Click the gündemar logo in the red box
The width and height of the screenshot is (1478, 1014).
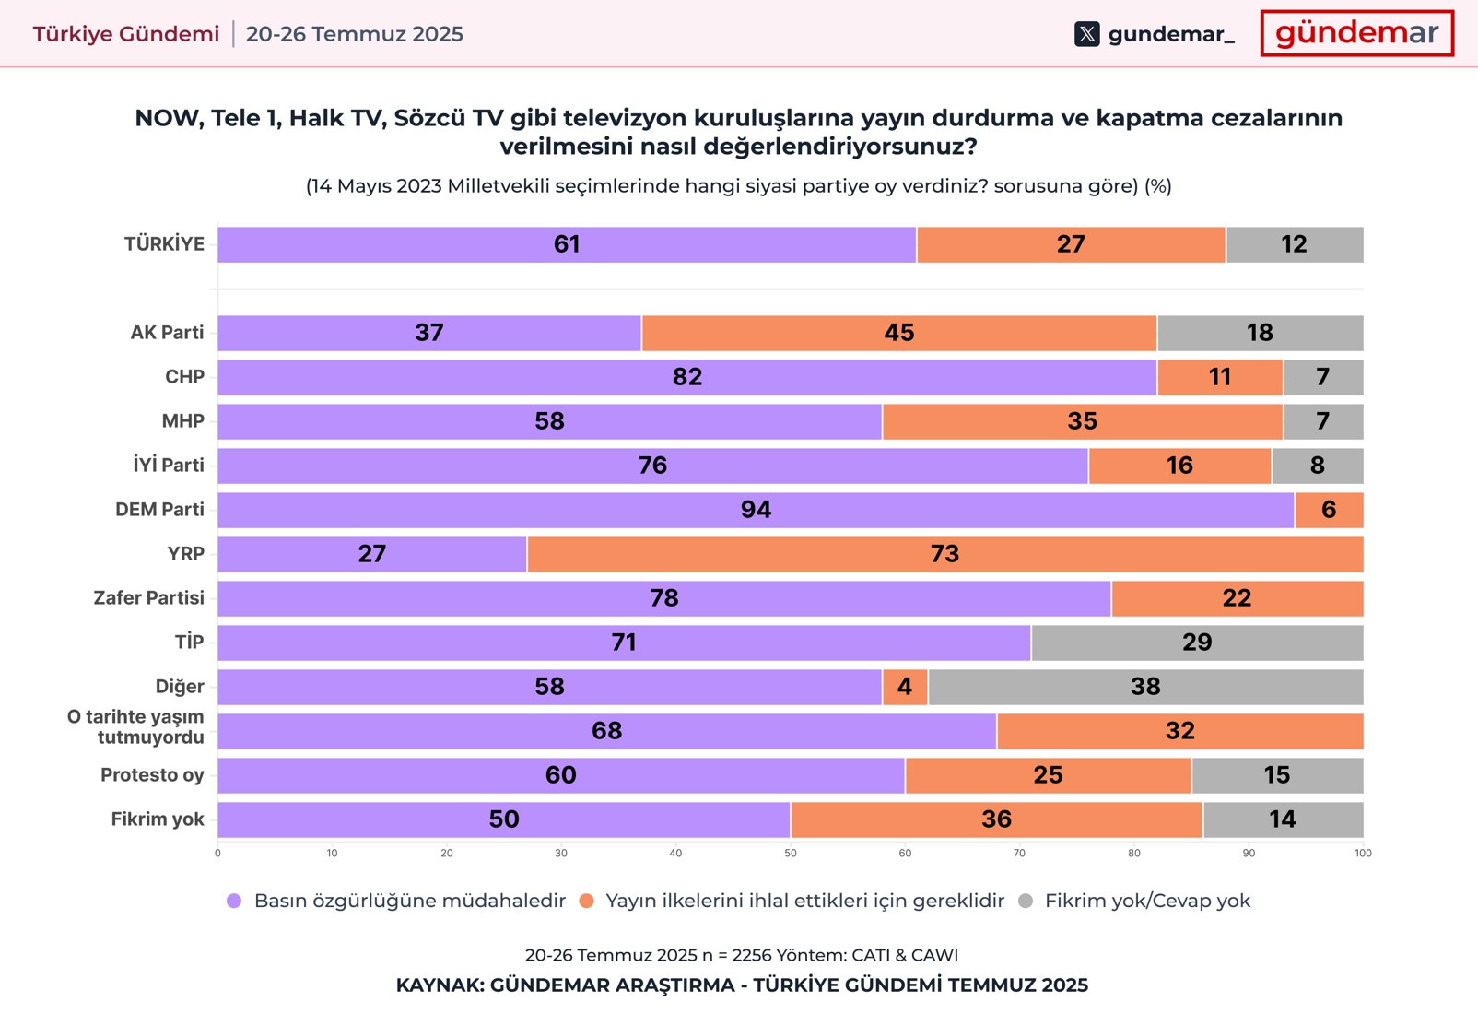coord(1356,34)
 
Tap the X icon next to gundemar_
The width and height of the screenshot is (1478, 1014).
coord(1087,35)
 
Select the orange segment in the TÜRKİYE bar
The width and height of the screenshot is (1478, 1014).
coord(1071,245)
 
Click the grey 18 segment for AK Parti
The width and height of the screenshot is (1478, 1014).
coord(1260,334)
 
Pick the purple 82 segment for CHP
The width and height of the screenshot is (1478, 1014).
coord(686,378)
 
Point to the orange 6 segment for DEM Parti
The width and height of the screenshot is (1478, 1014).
coord(1329,511)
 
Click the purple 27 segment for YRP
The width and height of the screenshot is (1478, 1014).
coord(372,555)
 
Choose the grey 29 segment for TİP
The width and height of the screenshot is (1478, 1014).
coord(1197,643)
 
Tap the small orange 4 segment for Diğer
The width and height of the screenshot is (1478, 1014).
coord(905,688)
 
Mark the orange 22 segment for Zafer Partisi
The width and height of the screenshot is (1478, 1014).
coord(1237,599)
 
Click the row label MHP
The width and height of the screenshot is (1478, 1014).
coord(182,421)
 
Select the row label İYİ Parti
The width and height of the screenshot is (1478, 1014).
coord(169,466)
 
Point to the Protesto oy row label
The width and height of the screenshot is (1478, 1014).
coord(152,775)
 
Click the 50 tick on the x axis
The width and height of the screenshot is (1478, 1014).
coord(791,854)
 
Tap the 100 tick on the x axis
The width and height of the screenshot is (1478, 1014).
coord(1363,854)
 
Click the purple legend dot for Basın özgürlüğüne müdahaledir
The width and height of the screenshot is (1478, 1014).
coord(234,902)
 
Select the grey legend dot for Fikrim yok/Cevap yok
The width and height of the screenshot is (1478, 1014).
coord(1026,902)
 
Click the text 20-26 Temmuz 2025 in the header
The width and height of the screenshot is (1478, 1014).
coord(355,35)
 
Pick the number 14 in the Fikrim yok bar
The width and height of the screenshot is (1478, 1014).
coord(1283,820)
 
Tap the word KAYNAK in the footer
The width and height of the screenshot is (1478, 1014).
coord(439,985)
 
